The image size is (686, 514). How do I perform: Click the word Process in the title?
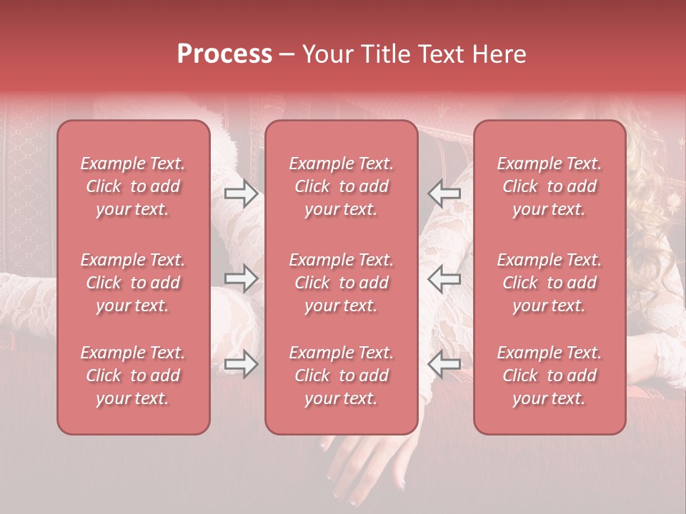coord(224,54)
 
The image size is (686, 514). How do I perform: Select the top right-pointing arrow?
coord(241,193)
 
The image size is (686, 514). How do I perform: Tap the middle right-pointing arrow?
coord(241,278)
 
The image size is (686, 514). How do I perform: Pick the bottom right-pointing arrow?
coord(241,365)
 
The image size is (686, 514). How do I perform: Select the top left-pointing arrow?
coord(444,193)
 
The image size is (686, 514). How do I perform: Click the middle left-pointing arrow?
coord(444,278)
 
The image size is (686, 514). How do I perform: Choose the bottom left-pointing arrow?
coord(444,365)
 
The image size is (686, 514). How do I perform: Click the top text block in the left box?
coord(133,186)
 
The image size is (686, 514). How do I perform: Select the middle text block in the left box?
coord(133,283)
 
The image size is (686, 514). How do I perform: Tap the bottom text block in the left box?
coord(133,376)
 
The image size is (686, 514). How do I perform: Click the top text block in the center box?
coord(341,186)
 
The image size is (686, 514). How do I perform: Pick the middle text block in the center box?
coord(341,283)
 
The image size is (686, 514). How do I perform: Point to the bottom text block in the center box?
coord(341,376)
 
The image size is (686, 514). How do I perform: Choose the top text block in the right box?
coord(549,186)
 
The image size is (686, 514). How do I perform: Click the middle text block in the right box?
coord(549,283)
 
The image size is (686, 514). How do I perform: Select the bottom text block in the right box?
coord(549,376)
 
